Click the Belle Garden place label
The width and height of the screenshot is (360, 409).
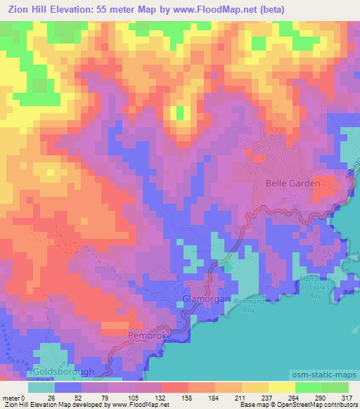(x=292, y=183)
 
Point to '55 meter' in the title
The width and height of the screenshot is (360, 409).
(x=120, y=9)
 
